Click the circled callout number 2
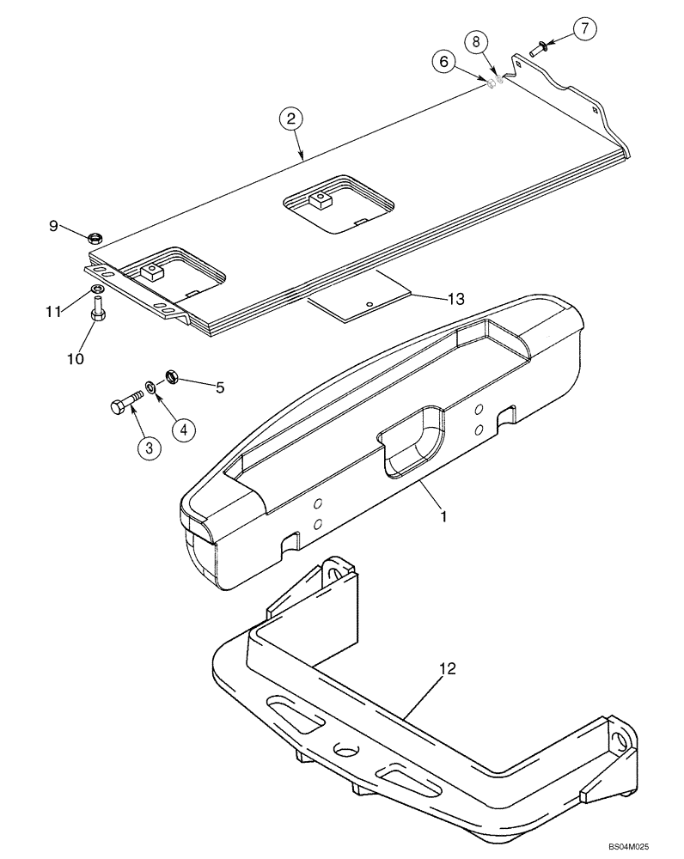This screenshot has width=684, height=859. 291,119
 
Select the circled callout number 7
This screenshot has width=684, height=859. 583,29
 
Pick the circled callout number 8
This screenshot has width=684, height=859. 477,41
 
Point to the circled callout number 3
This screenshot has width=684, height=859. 149,448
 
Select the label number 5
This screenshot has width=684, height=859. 219,388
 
